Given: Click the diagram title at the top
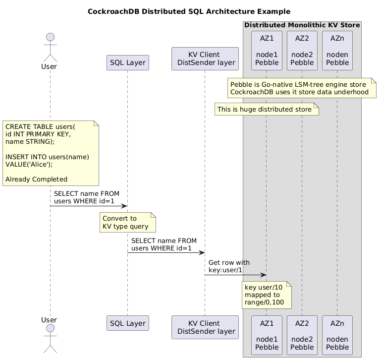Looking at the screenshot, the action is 189,11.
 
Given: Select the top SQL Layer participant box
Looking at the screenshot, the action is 127,63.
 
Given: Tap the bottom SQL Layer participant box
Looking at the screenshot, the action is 127,323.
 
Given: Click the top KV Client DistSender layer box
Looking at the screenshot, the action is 205,59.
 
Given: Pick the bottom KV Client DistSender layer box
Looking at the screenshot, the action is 205,327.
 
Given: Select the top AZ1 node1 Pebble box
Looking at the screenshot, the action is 267,51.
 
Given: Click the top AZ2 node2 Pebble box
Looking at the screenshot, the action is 302,51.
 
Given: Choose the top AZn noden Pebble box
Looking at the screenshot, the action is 337,51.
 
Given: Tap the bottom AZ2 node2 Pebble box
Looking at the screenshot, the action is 302,335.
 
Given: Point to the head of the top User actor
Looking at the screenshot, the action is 51,37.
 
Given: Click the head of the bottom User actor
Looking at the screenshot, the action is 51,328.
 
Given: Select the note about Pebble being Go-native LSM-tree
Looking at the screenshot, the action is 302,88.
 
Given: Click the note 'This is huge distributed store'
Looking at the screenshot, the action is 267,109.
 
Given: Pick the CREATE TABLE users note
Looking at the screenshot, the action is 51,153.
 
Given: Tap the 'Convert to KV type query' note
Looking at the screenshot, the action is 127,222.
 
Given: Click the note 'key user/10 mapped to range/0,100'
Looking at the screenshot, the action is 267,295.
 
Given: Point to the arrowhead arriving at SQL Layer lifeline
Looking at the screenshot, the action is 125,206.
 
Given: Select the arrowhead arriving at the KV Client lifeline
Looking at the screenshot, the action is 202,253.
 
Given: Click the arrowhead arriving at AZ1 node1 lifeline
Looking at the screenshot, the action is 264,275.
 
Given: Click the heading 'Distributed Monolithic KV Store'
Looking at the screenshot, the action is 302,25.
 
